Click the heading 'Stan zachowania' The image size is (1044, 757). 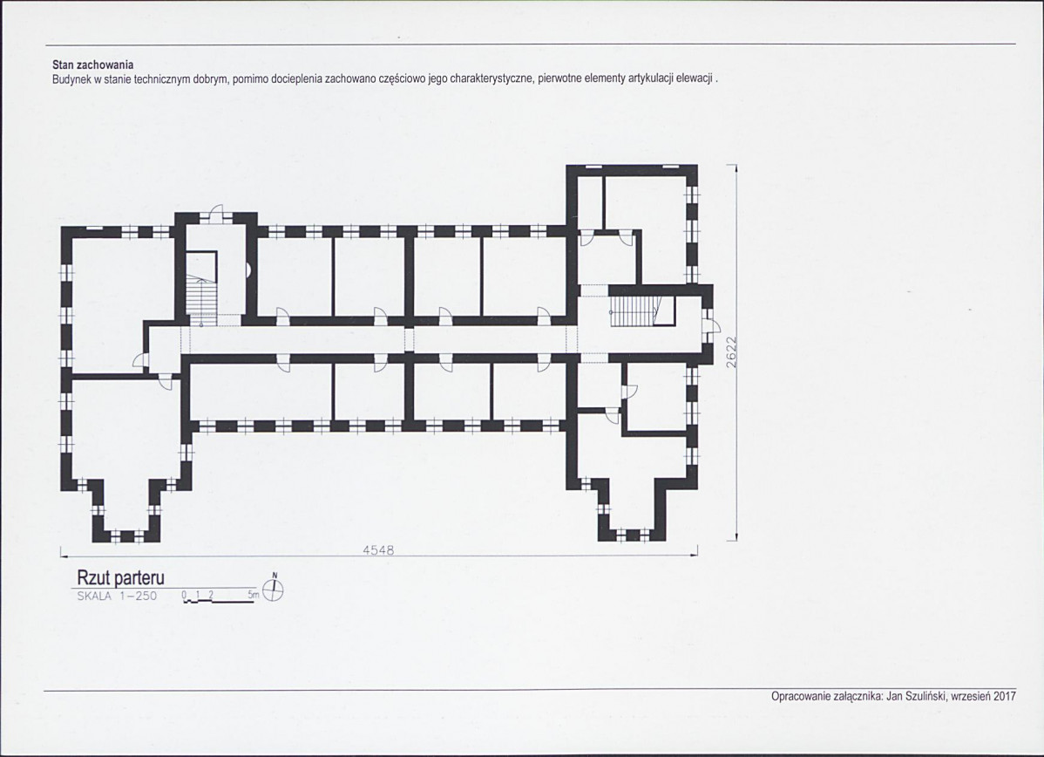click(93, 65)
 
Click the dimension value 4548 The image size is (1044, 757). click(378, 550)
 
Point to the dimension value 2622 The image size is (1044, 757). click(731, 351)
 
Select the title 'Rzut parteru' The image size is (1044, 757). click(120, 577)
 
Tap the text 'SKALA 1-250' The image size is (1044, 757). click(117, 597)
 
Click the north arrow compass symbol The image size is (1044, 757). click(273, 589)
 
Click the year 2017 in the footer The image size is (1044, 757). click(1005, 696)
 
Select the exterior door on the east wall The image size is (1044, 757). click(713, 325)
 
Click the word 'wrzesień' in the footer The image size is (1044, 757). click(972, 696)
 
